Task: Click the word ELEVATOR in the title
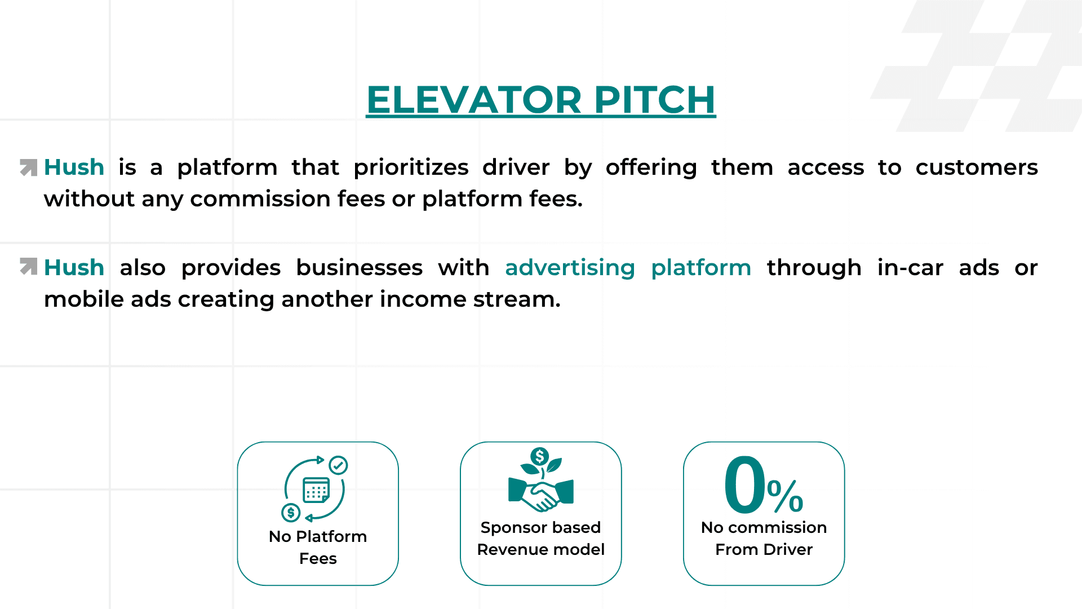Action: coord(474,100)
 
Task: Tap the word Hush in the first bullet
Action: coord(74,167)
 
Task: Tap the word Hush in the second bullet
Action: coord(74,268)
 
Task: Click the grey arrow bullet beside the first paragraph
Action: coord(28,167)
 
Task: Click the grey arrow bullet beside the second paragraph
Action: coord(28,266)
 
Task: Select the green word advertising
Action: coord(570,268)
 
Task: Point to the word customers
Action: coord(976,167)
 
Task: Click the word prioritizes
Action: coord(411,167)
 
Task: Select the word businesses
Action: coord(359,268)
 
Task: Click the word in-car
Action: coord(910,268)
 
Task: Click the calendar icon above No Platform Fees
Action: coord(316,489)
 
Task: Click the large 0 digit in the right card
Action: coord(744,485)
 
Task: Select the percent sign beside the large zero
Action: coord(785,496)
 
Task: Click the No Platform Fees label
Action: coord(318,547)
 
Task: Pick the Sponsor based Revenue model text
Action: coord(540,538)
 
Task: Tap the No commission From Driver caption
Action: coord(764,538)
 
